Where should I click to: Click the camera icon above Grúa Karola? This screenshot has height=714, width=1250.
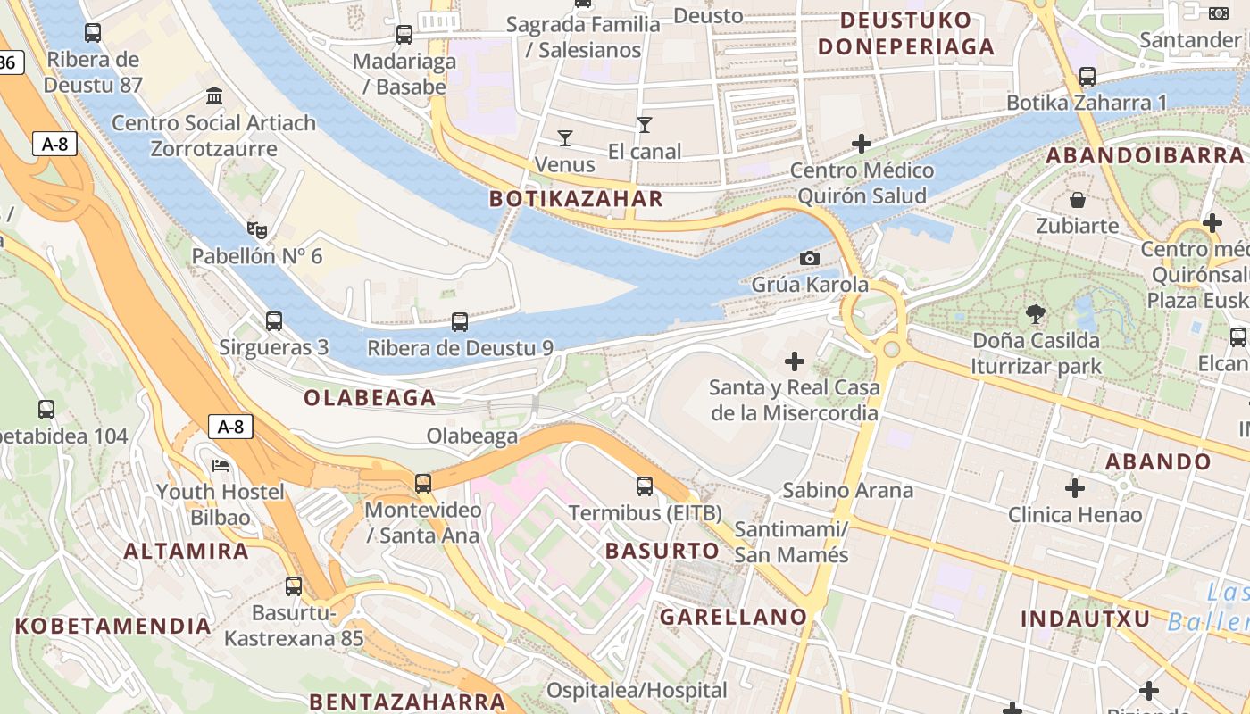(810, 258)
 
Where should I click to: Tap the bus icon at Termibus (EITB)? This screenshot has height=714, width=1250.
(645, 486)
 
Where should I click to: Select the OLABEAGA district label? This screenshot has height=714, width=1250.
(370, 398)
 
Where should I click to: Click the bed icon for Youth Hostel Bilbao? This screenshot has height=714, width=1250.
(221, 466)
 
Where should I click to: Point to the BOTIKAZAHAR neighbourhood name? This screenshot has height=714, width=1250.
(577, 199)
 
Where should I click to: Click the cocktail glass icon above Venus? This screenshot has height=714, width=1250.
(564, 137)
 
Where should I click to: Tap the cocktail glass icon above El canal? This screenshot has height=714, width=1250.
(645, 124)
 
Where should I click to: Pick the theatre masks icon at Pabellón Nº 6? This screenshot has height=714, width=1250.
(257, 230)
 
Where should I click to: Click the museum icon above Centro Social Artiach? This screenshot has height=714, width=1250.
(214, 95)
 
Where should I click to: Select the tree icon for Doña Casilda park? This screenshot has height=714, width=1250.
(1036, 313)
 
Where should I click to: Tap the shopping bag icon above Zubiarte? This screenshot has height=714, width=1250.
(1078, 199)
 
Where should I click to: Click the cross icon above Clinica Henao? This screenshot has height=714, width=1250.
(1075, 488)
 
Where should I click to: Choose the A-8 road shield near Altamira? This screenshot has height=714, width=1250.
(230, 427)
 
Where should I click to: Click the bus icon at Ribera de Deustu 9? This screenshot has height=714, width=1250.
(460, 322)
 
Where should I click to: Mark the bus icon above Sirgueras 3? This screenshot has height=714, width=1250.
(274, 320)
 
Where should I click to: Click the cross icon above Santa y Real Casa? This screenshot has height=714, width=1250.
(794, 361)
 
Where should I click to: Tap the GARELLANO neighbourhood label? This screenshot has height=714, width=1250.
(733, 617)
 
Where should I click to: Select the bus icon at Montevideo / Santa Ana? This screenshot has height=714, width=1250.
(423, 484)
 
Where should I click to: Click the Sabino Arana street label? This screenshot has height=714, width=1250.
(847, 490)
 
